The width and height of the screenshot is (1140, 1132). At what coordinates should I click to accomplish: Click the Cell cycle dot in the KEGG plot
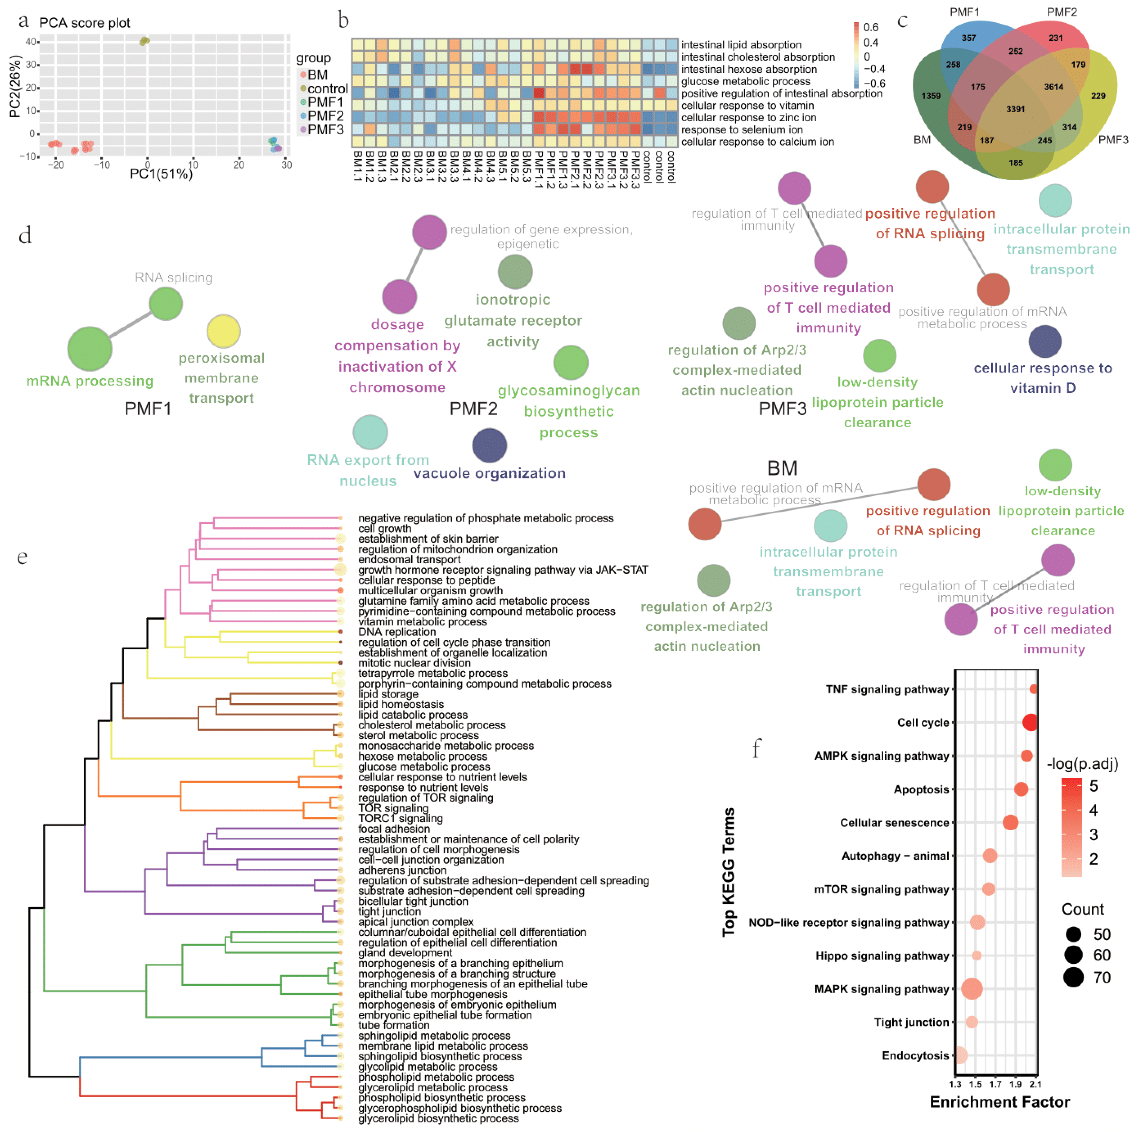(1030, 722)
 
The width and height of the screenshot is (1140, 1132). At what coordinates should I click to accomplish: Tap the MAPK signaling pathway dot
(972, 989)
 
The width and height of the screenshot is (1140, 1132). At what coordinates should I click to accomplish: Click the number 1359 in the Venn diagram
(931, 96)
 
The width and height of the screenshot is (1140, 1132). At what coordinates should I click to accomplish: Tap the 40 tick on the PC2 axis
(30, 41)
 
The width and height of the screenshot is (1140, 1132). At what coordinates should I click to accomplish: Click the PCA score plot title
(84, 23)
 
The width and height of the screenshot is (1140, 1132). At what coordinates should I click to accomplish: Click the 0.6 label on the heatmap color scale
(870, 27)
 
